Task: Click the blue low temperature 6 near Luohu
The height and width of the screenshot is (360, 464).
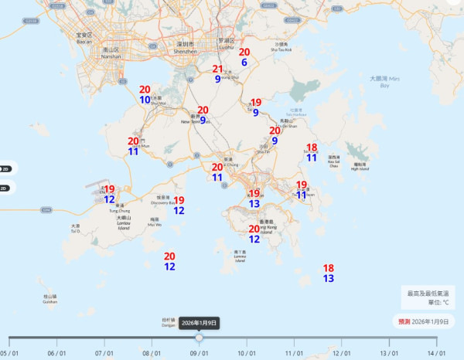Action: [244, 63]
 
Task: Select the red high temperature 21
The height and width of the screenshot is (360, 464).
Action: [218, 69]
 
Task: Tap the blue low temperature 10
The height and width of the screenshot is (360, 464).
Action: [145, 100]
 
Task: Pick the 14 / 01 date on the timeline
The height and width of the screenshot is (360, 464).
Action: [437, 353]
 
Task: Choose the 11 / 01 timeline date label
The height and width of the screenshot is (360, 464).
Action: [294, 353]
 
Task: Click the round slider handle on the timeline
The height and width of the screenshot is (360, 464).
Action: [200, 338]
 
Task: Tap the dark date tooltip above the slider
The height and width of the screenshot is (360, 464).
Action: [200, 323]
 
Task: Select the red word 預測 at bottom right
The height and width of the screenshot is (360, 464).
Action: [404, 321]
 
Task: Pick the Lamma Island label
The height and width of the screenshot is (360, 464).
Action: [240, 256]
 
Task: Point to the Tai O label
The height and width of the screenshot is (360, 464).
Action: [76, 229]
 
